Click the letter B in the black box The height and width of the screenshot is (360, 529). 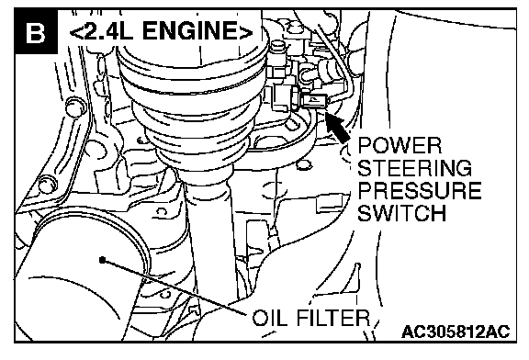36,32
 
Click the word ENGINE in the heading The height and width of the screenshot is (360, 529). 191,30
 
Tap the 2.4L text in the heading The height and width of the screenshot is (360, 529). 108,30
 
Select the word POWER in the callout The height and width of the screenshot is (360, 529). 400,145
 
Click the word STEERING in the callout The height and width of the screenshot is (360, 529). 414,168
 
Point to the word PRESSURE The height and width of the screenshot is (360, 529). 420,190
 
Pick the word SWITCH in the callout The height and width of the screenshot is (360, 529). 402,213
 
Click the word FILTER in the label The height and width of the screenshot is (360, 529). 333,318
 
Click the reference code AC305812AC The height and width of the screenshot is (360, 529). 456,332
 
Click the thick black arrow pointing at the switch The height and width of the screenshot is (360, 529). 338,128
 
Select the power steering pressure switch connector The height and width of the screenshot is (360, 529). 314,100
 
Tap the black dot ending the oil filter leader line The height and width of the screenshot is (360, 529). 103,260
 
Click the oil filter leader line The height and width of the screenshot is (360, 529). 174,287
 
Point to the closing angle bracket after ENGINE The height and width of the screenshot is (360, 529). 246,32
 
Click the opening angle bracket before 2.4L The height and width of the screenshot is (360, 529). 76,32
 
